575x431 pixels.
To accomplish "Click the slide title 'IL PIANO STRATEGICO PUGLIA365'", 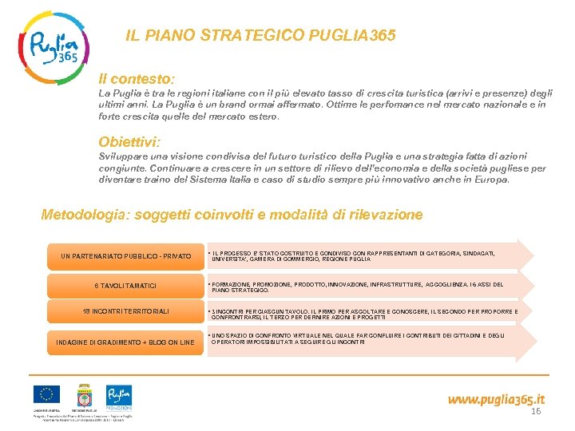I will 260,36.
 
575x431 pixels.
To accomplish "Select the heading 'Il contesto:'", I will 137,80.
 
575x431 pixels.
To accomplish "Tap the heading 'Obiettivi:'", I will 129,142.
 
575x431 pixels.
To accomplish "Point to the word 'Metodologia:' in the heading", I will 86,215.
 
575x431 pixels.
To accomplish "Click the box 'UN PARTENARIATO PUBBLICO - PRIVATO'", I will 126,256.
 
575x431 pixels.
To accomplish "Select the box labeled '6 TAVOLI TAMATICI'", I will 126,286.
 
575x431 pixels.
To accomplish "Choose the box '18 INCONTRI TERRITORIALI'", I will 126,311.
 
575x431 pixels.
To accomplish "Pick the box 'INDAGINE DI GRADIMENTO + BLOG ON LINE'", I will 125,342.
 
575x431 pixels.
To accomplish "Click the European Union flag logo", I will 46,395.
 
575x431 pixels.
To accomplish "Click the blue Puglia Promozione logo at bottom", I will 119,396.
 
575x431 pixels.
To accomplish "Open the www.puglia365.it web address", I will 496,398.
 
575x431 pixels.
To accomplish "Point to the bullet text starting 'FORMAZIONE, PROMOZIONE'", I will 355,287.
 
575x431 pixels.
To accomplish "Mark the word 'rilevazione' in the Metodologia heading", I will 383,215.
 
